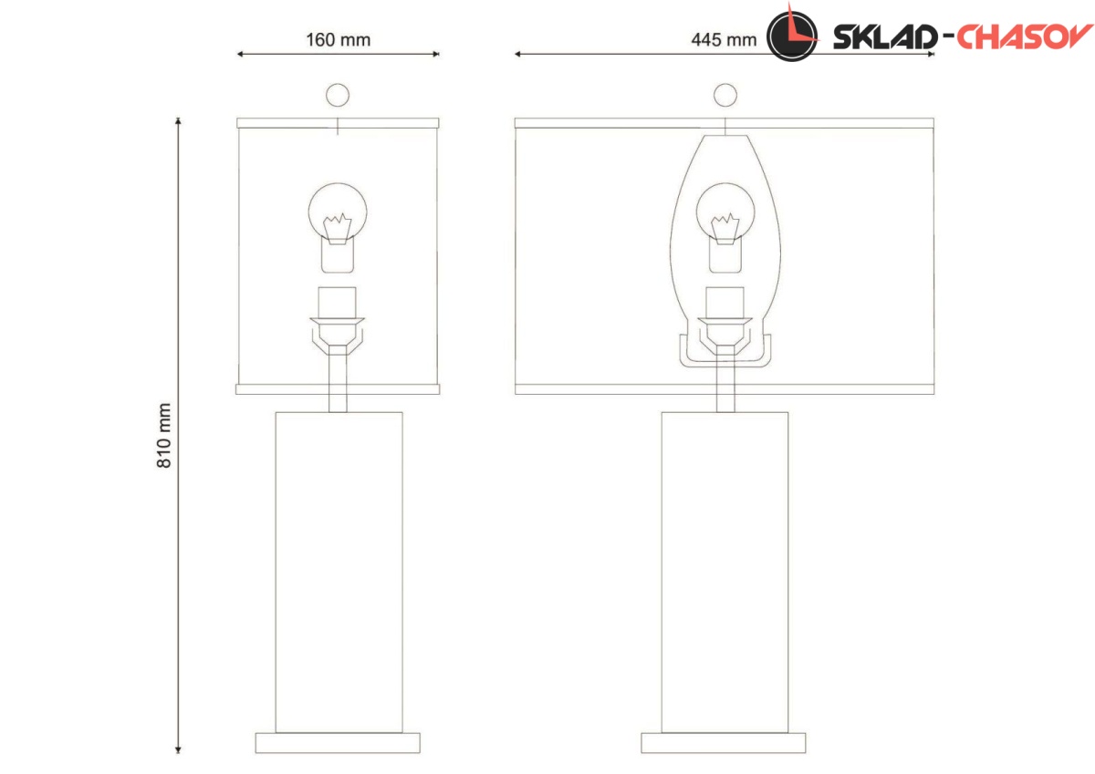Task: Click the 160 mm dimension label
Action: click(339, 39)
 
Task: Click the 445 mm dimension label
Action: click(724, 39)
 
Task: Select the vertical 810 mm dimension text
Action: click(163, 435)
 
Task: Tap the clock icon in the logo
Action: click(792, 36)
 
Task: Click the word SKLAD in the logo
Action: click(885, 37)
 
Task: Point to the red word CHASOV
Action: click(1024, 36)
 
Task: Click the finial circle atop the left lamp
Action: click(338, 95)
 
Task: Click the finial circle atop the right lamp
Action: click(725, 95)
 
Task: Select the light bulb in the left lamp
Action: click(338, 228)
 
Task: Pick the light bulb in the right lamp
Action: click(725, 228)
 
